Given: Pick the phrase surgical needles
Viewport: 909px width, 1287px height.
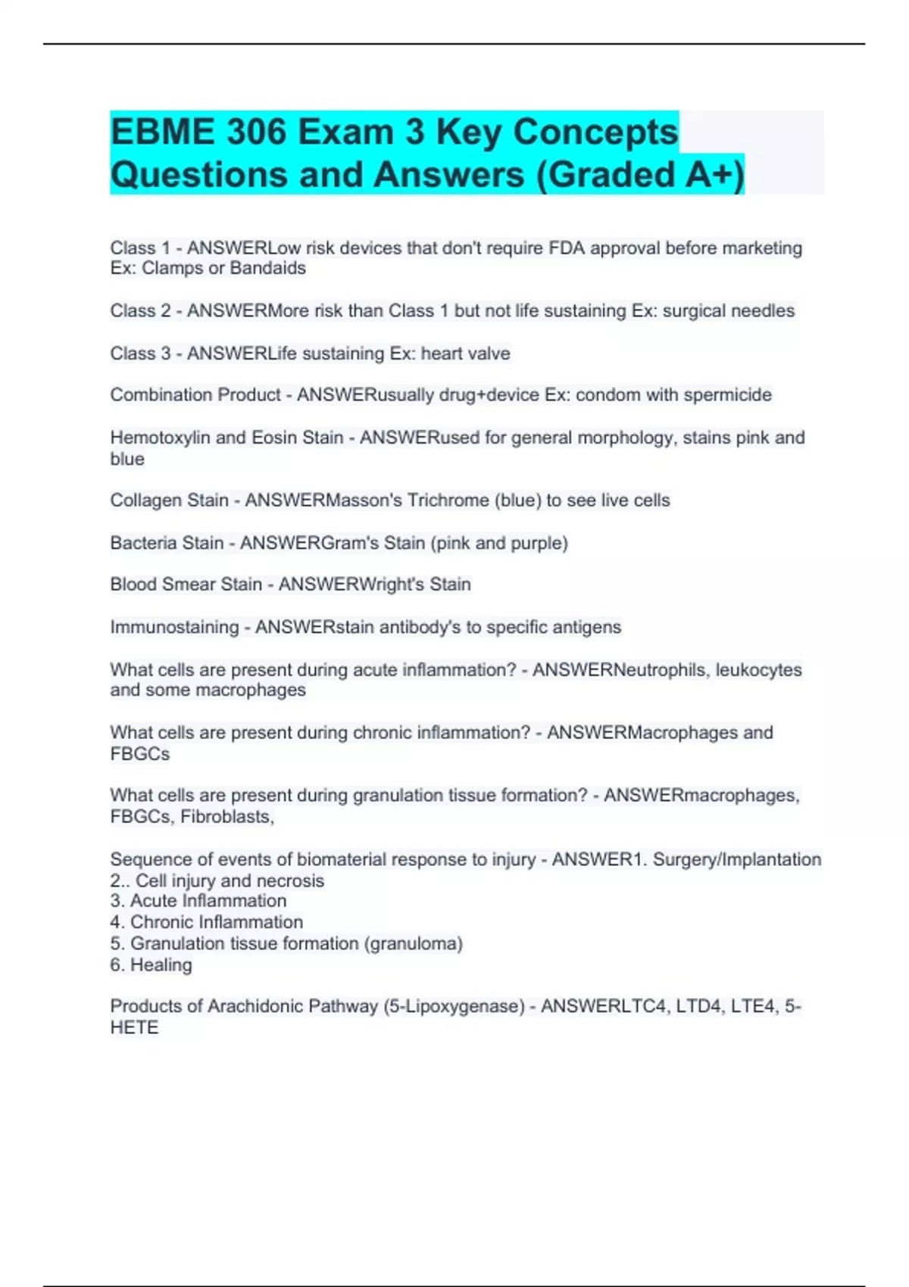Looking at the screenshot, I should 728,310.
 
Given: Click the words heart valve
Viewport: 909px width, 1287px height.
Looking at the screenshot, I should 466,354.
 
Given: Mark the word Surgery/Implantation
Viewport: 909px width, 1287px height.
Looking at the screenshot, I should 736,859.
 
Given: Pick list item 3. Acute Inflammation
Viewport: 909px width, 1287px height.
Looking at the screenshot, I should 198,901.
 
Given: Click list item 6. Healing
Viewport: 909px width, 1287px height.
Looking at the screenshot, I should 151,965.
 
